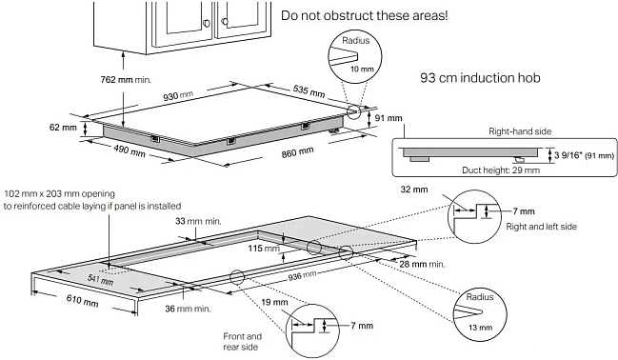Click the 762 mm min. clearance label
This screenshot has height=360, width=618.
pyautogui.click(x=126, y=80)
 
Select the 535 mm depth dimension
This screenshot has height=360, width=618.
pyautogui.click(x=309, y=91)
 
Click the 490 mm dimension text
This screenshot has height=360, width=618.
pyautogui.click(x=130, y=150)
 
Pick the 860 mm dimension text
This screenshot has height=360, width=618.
pyautogui.click(x=297, y=152)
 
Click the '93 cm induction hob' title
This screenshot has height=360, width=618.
pyautogui.click(x=480, y=78)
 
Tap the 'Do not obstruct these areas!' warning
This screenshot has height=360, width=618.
pyautogui.click(x=364, y=16)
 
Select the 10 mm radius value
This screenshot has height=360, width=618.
pyautogui.click(x=362, y=69)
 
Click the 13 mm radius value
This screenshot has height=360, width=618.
pyautogui.click(x=480, y=328)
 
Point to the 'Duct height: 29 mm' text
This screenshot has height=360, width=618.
pyautogui.click(x=501, y=170)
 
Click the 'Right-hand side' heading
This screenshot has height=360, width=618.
pyautogui.click(x=520, y=131)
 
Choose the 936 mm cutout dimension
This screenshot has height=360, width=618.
pyautogui.click(x=302, y=275)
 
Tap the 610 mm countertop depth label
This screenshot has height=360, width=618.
pyautogui.click(x=82, y=300)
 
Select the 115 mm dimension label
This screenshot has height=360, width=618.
pyautogui.click(x=264, y=249)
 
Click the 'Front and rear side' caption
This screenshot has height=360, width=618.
pyautogui.click(x=242, y=342)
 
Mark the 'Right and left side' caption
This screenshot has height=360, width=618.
pyautogui.click(x=541, y=227)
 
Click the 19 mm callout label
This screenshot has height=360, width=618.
pyautogui.click(x=274, y=303)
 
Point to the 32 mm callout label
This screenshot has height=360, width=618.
pyautogui.click(x=414, y=190)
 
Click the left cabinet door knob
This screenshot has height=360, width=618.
pyautogui.click(x=207, y=23)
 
